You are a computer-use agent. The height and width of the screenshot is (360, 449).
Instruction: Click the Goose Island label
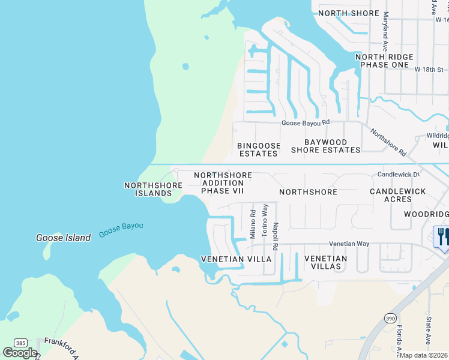pos(62,238)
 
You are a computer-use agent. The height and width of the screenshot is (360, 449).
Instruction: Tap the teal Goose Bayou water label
pos(121,229)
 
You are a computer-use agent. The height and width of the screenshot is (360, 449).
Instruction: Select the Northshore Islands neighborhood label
pos(153,190)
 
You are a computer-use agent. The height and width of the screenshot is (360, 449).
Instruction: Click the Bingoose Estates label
pos(258,149)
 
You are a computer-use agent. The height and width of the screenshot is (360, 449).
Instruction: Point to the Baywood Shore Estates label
pos(325,146)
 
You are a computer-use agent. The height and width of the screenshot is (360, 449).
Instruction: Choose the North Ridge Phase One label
pos(385,61)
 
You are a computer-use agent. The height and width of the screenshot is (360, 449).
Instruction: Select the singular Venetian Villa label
pos(236,259)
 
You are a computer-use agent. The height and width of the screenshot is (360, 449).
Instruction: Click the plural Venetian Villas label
pos(326,262)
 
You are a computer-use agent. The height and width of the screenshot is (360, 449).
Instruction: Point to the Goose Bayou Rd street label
pos(306,122)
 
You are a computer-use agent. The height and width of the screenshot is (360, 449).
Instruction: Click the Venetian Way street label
pos(349,244)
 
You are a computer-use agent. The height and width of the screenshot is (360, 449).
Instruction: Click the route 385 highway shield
pos(21,343)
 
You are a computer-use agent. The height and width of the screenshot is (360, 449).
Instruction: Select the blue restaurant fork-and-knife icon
pos(442,236)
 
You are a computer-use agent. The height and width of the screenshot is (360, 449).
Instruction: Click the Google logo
pos(20,353)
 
